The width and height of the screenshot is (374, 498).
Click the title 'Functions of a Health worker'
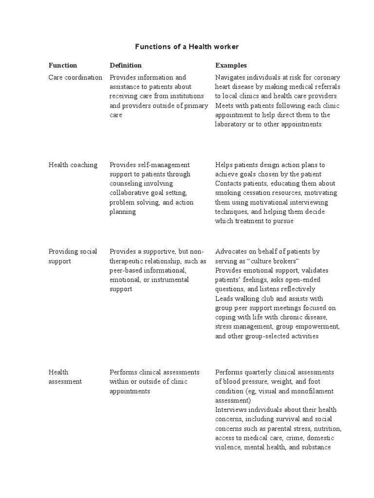(187, 47)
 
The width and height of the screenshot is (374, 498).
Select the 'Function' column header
(63, 65)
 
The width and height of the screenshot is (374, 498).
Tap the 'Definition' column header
(126, 65)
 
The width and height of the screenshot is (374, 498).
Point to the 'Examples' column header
(231, 65)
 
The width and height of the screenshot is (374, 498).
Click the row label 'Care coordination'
(75, 77)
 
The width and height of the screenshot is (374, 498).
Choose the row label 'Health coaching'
(73, 165)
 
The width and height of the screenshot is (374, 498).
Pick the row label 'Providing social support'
(73, 256)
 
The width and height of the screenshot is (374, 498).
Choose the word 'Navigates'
(230, 77)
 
